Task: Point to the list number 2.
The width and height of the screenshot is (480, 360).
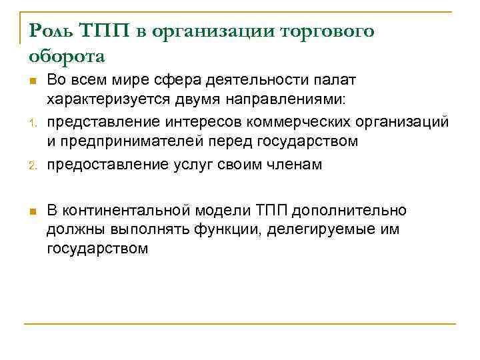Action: coord(31,166)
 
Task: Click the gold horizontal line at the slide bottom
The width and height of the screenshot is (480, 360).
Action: coord(240,323)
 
